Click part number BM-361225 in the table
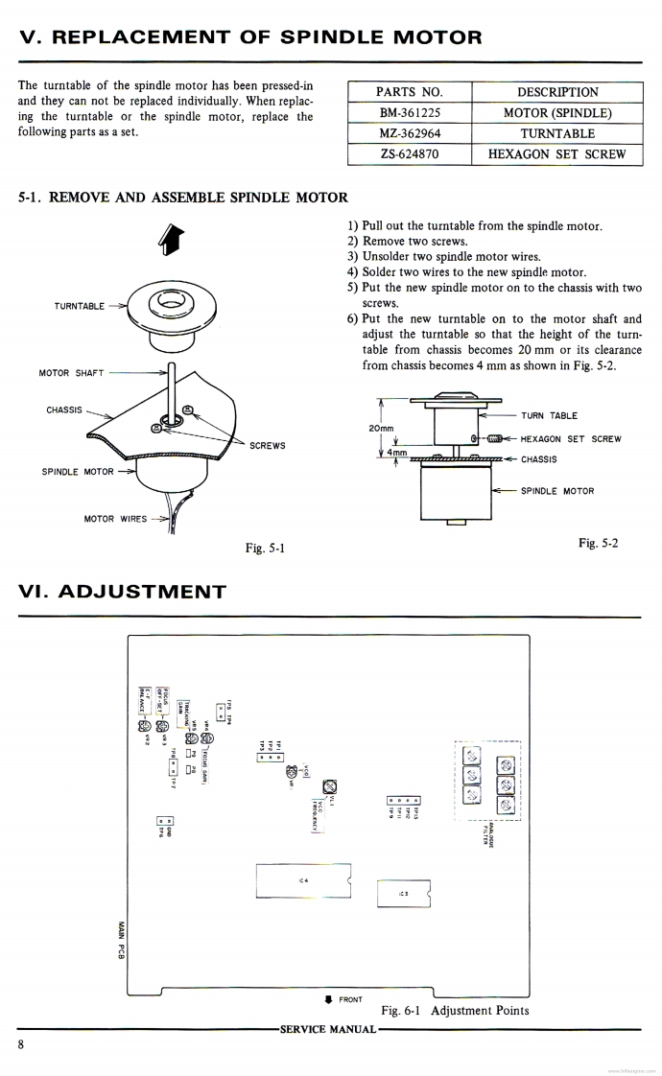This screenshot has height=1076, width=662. [410, 113]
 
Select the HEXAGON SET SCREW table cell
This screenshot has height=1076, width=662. [556, 153]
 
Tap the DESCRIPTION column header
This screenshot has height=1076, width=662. [556, 92]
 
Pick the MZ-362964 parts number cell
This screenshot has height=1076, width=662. [410, 133]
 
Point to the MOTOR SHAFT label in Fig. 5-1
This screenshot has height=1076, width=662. [71, 373]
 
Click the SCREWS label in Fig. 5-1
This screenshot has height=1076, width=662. [267, 446]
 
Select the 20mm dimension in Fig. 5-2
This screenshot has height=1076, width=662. [381, 428]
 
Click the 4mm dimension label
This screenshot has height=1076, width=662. [397, 453]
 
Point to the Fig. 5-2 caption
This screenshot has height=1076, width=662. [598, 544]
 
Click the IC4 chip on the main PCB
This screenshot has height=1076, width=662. [303, 880]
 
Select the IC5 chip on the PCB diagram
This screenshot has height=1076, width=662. [403, 893]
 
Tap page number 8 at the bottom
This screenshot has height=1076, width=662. [21, 1044]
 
